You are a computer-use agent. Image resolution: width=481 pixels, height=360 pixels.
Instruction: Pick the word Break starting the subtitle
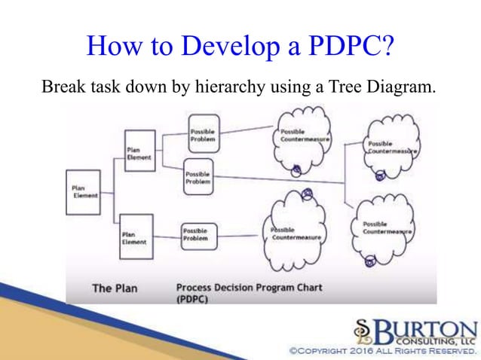click(x=63, y=88)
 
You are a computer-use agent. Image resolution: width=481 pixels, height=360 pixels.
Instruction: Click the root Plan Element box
click(x=84, y=191)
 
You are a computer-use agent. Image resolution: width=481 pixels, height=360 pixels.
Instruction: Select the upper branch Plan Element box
click(x=138, y=151)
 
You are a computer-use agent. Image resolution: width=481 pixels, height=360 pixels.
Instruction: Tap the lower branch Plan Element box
click(x=136, y=237)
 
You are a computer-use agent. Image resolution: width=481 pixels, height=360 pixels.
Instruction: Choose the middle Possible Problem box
click(x=198, y=178)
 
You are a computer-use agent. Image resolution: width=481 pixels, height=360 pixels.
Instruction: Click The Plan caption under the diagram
click(x=113, y=288)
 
